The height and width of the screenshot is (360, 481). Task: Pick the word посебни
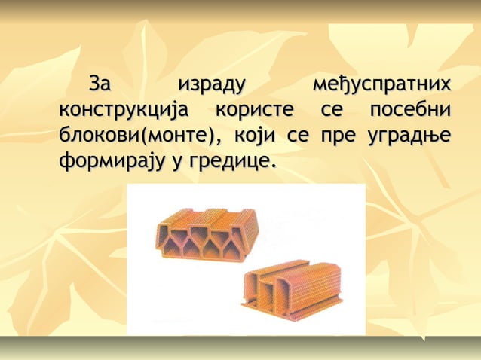[x=410, y=109]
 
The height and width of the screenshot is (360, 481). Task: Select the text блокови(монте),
[x=142, y=136]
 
